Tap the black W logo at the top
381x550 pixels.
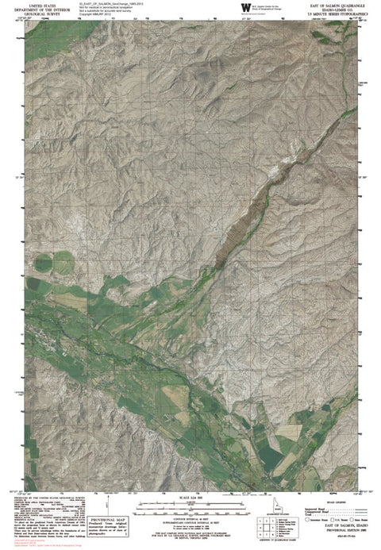click(241, 9)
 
